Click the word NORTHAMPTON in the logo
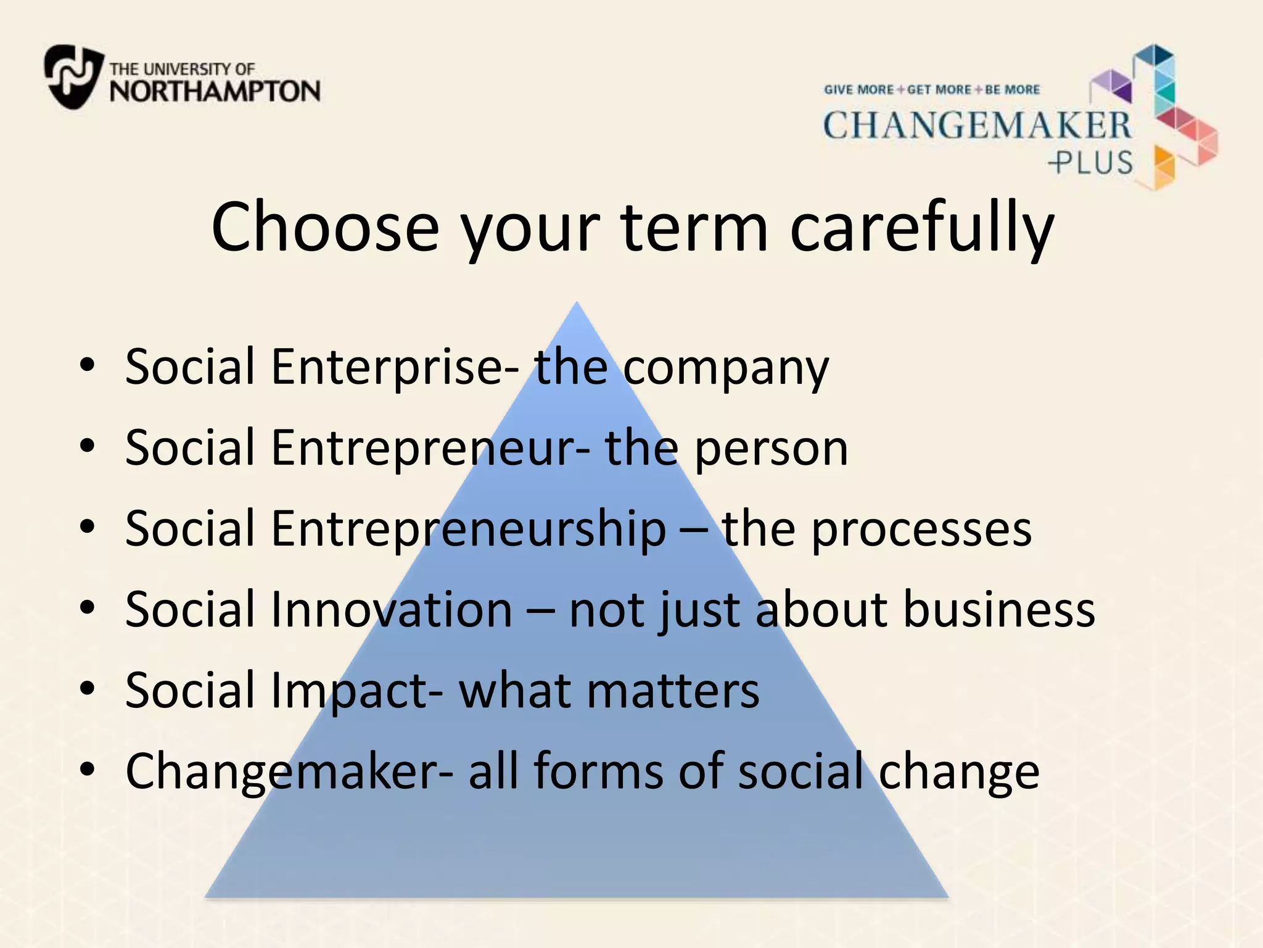coord(215,91)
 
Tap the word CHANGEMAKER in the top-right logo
coord(977,126)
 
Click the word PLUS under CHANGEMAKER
coord(1092,163)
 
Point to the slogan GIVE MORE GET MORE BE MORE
coord(932,89)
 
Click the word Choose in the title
coord(325,227)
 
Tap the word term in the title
coord(695,227)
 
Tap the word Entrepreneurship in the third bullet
coord(469,530)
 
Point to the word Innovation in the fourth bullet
coord(392,610)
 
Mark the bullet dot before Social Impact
coord(88,688)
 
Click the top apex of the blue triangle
coord(577,304)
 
